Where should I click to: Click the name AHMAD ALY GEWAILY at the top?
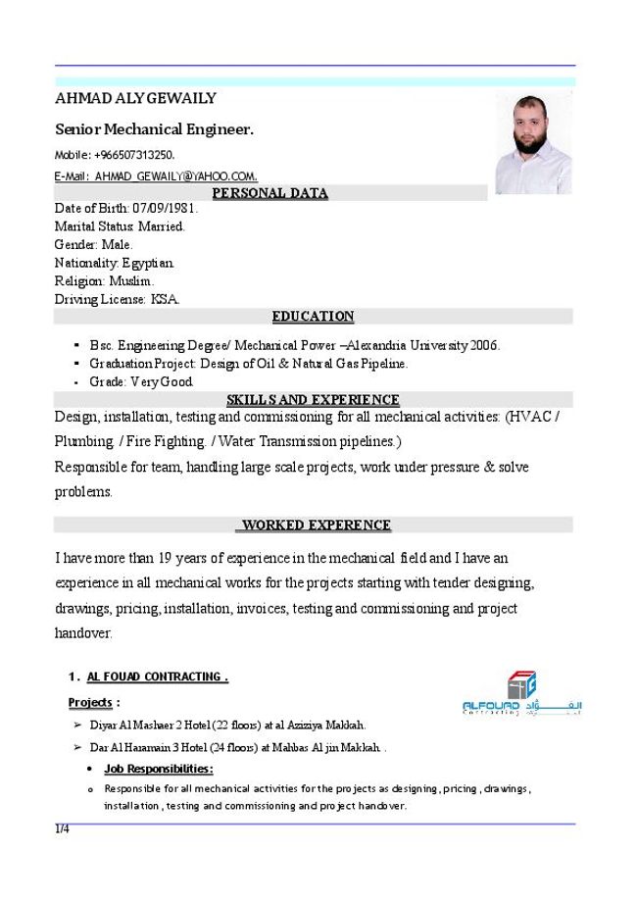click(x=135, y=98)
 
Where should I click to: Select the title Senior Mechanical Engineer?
click(x=154, y=128)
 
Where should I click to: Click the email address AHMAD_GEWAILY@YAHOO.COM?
click(x=176, y=176)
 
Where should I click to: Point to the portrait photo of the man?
click(x=532, y=145)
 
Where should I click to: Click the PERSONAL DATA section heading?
click(x=270, y=193)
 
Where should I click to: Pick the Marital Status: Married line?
click(x=120, y=226)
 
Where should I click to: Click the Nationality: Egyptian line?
click(x=116, y=263)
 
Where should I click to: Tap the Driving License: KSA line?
click(x=118, y=299)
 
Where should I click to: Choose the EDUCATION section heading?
click(x=313, y=316)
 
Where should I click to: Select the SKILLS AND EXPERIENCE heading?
click(x=313, y=399)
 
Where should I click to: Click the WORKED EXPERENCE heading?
click(x=314, y=525)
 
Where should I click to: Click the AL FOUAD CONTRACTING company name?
click(x=157, y=676)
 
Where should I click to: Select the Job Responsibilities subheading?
click(x=158, y=769)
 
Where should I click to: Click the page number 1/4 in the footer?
click(x=62, y=829)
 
